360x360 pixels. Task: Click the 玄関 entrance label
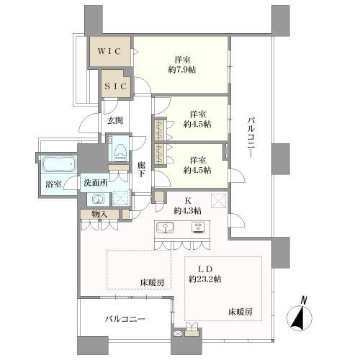point(115,121)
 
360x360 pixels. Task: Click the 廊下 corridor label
point(142,169)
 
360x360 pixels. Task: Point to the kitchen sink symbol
point(166,228)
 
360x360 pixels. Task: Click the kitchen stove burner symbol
point(197,228)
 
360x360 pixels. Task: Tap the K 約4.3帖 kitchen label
point(186,205)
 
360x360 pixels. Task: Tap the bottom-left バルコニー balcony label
point(125,318)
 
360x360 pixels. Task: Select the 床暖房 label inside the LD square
point(240,312)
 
